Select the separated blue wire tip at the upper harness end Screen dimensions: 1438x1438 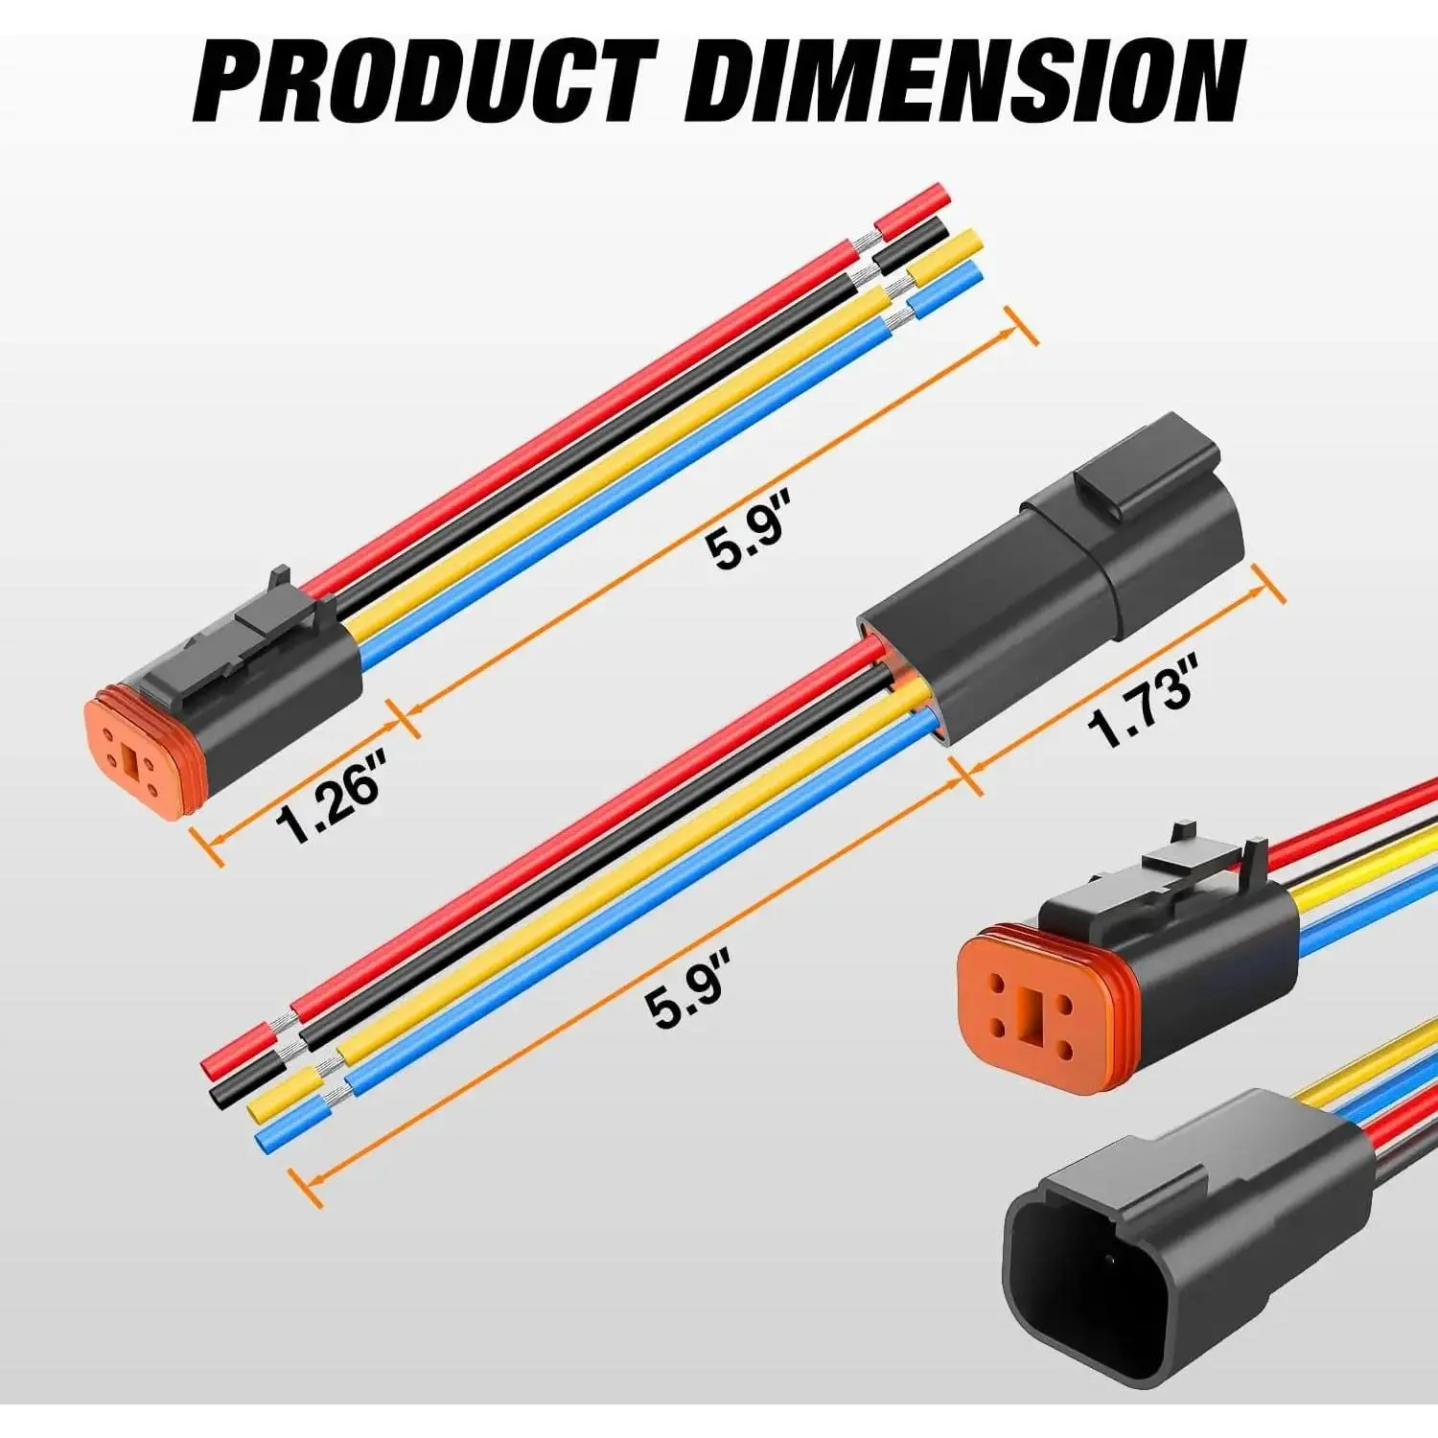[x=945, y=290]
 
